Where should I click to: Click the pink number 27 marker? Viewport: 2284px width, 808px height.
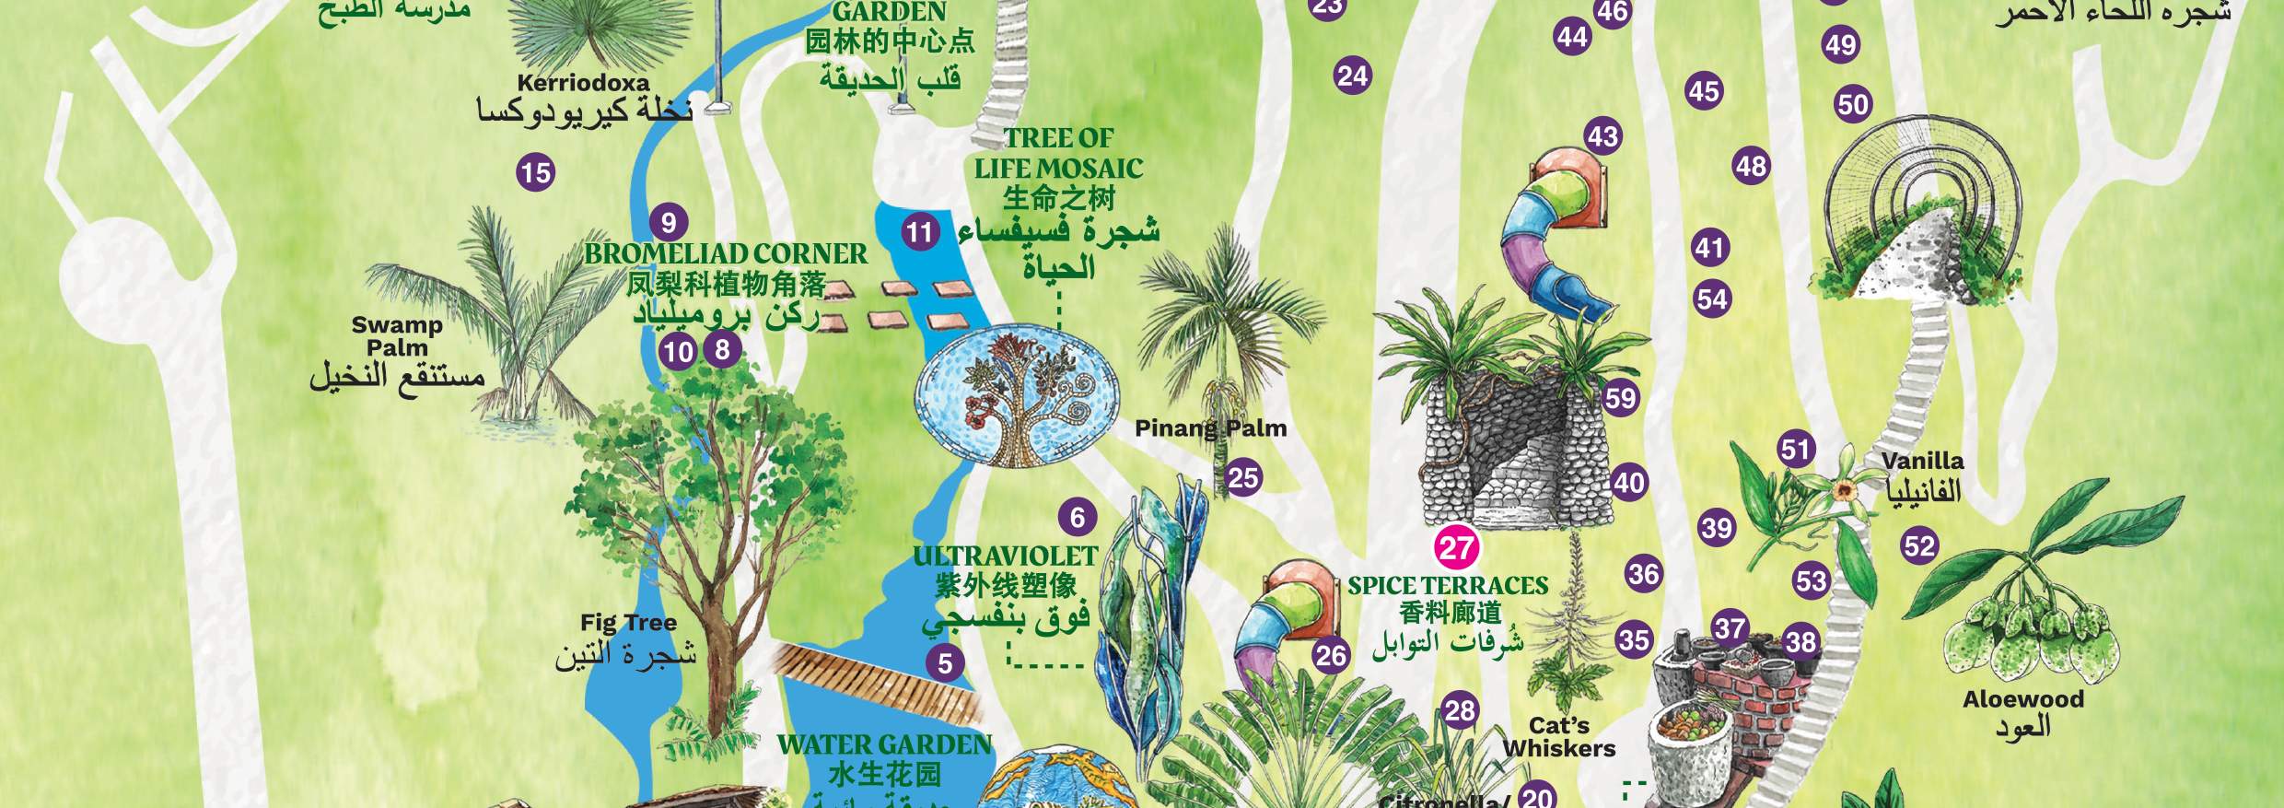tap(1456, 548)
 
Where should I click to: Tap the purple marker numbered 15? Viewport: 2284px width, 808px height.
tap(535, 172)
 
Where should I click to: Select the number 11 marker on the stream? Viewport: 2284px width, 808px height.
tap(919, 231)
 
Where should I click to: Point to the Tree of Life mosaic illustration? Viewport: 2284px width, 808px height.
tap(1018, 399)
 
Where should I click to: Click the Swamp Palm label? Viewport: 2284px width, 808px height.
tap(397, 336)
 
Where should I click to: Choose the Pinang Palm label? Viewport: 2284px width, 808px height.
tap(1210, 428)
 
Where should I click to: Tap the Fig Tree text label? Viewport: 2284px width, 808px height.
tap(628, 623)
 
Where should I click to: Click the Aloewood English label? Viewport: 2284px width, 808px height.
tap(2022, 699)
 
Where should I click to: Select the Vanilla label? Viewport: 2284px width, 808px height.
tap(1922, 461)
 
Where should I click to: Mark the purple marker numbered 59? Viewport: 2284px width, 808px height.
tap(1621, 398)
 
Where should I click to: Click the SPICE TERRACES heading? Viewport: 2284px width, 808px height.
tap(1448, 586)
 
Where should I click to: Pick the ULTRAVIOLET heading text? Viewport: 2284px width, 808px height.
tap(1005, 556)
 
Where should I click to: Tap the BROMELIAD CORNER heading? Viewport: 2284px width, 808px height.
tap(726, 254)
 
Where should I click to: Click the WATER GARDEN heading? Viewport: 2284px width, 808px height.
tap(884, 745)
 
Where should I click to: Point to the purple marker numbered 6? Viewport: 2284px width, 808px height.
tap(1078, 517)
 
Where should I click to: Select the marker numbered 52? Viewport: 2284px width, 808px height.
tap(1919, 546)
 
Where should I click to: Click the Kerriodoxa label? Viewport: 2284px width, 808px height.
tap(583, 83)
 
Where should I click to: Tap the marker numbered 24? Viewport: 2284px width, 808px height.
tap(1353, 76)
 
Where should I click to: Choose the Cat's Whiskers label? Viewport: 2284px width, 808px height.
tap(1559, 737)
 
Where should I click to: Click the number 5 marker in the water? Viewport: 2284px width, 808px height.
tap(945, 662)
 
